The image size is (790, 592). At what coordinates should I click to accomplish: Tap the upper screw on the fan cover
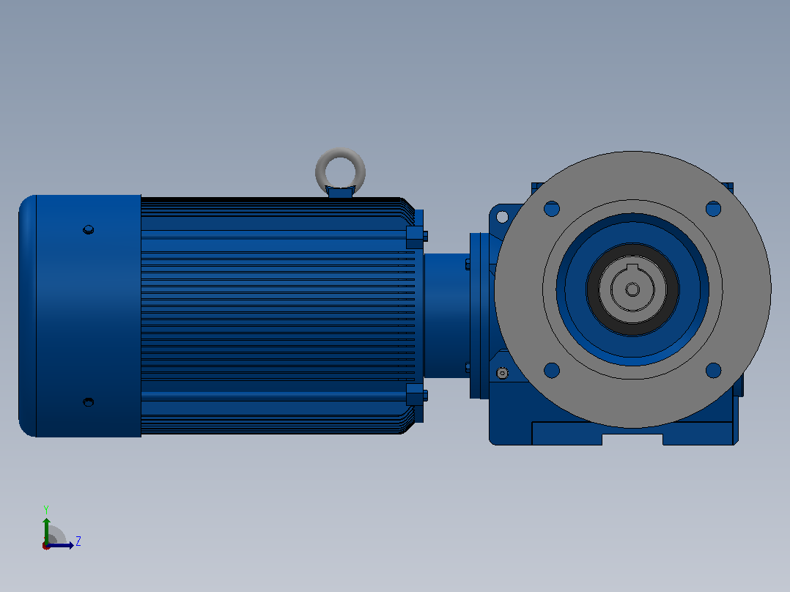coord(88,230)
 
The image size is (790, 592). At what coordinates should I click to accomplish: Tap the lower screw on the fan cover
coord(88,402)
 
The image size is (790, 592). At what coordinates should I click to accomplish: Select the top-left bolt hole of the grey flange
coord(552,209)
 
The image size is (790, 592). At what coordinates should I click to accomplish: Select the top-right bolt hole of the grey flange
coord(714,209)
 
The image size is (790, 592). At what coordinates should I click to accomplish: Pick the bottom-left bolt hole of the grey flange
coord(552,370)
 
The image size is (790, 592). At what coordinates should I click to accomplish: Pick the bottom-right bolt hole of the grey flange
coord(714,370)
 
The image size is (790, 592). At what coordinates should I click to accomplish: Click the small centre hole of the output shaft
coord(632,289)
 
